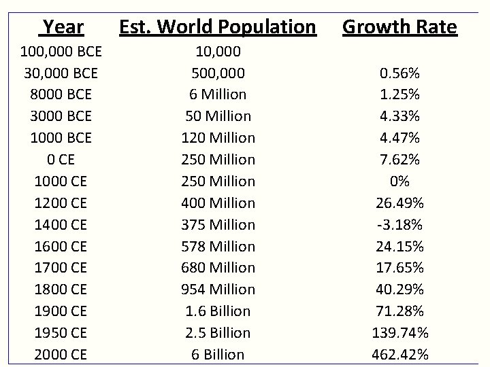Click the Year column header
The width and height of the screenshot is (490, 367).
[x=62, y=27]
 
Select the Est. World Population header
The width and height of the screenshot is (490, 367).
[x=218, y=27]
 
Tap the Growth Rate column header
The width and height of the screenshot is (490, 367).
[x=399, y=27]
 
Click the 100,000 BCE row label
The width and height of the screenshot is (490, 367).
[x=61, y=51]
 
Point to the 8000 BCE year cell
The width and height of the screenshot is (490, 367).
[x=61, y=94]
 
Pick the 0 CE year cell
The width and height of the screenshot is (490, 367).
[x=61, y=159]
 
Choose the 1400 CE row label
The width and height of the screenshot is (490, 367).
[x=61, y=224]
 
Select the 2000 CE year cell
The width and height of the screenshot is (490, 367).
[x=61, y=354]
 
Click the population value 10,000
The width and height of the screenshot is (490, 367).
[x=218, y=51]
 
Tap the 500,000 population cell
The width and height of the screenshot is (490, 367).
[x=218, y=73]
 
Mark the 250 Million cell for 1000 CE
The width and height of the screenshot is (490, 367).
[x=218, y=181]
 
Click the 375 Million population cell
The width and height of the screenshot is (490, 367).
[x=218, y=224]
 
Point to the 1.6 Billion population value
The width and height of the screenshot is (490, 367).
[x=218, y=311]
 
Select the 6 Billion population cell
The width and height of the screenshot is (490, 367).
[x=218, y=354]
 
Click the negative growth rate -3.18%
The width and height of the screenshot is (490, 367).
[x=399, y=224]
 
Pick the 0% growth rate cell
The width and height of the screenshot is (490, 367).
[x=399, y=181]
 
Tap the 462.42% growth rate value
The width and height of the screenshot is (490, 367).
[x=399, y=354]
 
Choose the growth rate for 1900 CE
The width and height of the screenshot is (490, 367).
[x=399, y=311]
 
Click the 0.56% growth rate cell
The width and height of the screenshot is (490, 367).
[x=399, y=73]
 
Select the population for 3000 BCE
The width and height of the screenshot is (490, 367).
[x=218, y=116]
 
